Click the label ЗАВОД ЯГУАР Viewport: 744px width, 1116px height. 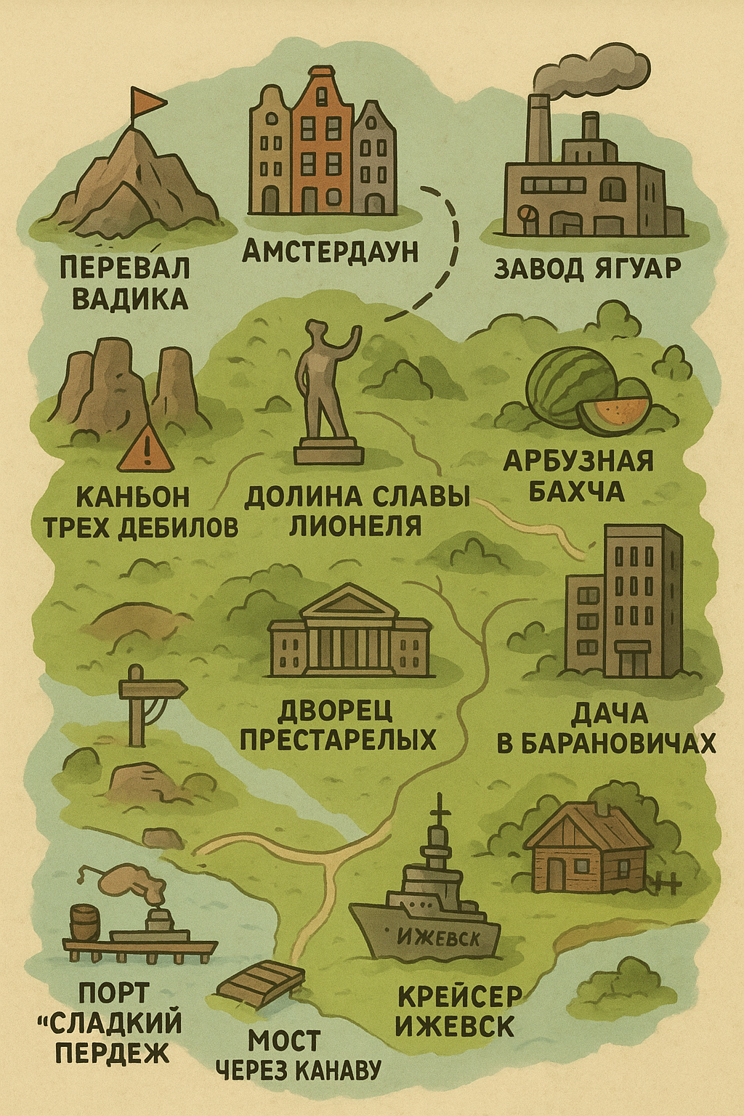click(x=587, y=268)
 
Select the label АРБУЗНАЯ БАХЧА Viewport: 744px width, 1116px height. click(x=578, y=476)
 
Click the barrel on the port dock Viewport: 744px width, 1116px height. click(x=86, y=922)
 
